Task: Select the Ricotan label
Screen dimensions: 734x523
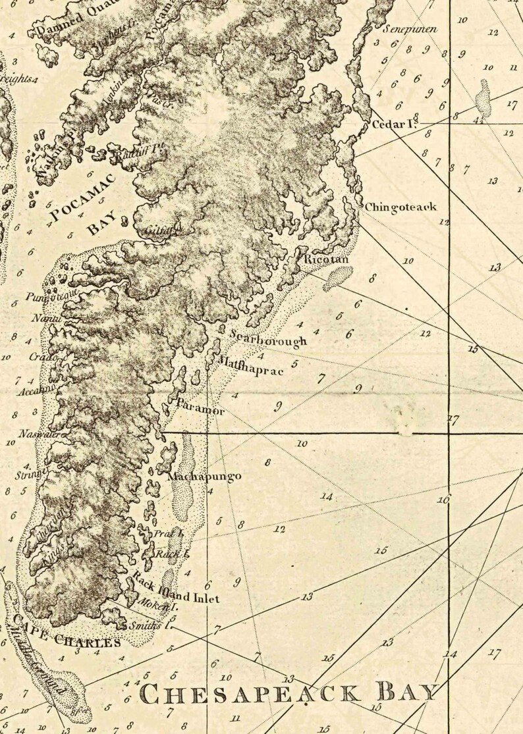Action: coord(321,259)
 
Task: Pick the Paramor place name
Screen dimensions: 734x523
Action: coord(200,406)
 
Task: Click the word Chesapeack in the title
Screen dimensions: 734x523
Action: coord(250,693)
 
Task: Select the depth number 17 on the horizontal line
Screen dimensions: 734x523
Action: coord(453,419)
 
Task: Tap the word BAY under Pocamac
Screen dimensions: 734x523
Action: coord(102,223)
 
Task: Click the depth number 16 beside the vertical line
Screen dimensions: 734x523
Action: coord(443,500)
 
